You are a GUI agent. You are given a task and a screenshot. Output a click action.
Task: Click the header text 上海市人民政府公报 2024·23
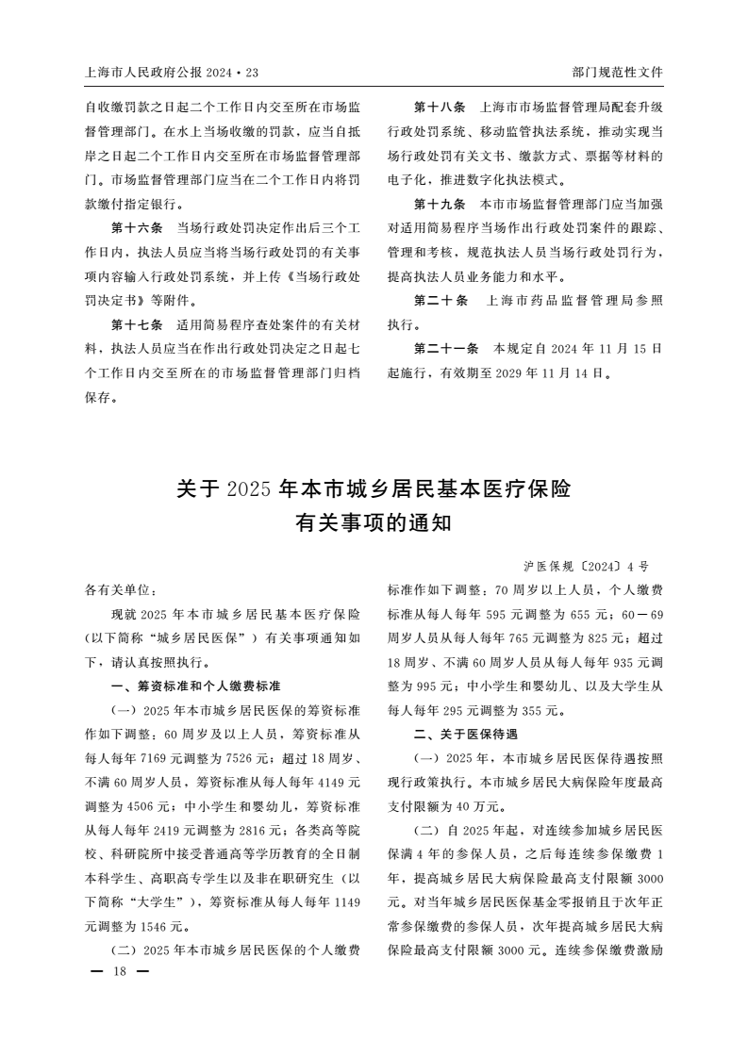(x=171, y=72)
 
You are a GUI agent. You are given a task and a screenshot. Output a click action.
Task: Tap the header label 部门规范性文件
(x=617, y=72)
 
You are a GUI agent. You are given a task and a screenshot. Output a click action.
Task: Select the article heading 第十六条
(x=138, y=229)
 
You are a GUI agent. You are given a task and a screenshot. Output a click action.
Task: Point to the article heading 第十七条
(x=138, y=326)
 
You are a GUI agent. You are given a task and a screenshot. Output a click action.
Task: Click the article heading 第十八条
(x=440, y=107)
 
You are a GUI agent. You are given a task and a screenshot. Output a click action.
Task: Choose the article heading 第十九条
(x=440, y=205)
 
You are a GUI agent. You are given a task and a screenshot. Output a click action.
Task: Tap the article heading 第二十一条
(x=446, y=349)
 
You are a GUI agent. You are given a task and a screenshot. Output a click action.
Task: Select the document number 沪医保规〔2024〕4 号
(x=586, y=567)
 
